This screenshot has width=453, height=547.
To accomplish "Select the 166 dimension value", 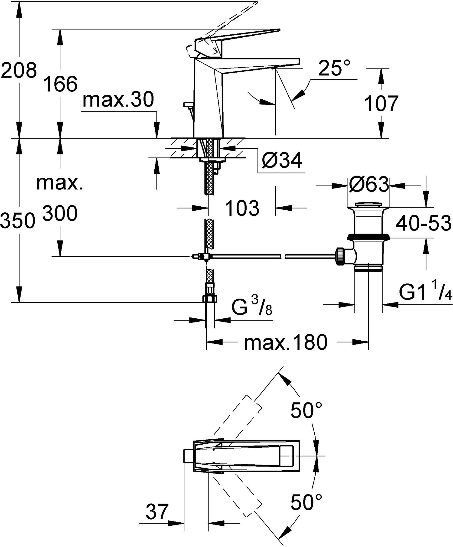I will [60, 84].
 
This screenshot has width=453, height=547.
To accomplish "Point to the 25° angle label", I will [334, 68].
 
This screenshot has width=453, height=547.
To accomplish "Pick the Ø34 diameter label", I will [282, 161].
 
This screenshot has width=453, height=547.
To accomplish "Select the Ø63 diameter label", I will [368, 185].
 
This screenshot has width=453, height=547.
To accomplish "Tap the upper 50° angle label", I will [306, 410].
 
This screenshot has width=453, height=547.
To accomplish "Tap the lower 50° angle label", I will [306, 502].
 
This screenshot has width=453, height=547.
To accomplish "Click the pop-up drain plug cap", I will [368, 205].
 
